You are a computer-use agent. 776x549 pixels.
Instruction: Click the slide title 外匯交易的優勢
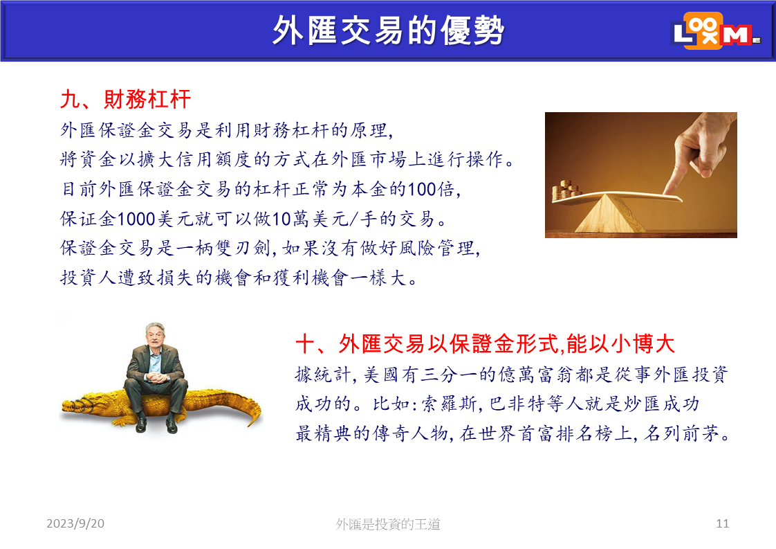[388, 30]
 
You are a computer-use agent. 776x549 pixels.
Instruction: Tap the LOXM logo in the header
[716, 30]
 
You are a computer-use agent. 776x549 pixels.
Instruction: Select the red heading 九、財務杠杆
[125, 99]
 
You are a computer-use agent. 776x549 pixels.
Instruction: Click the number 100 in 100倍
[422, 189]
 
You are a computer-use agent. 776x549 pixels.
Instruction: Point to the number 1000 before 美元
[136, 219]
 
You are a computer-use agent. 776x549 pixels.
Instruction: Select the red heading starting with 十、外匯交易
[485, 344]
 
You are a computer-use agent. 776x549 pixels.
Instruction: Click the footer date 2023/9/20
[75, 523]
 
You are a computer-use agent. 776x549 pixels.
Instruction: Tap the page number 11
[723, 523]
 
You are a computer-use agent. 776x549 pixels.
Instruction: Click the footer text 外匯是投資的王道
[388, 524]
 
